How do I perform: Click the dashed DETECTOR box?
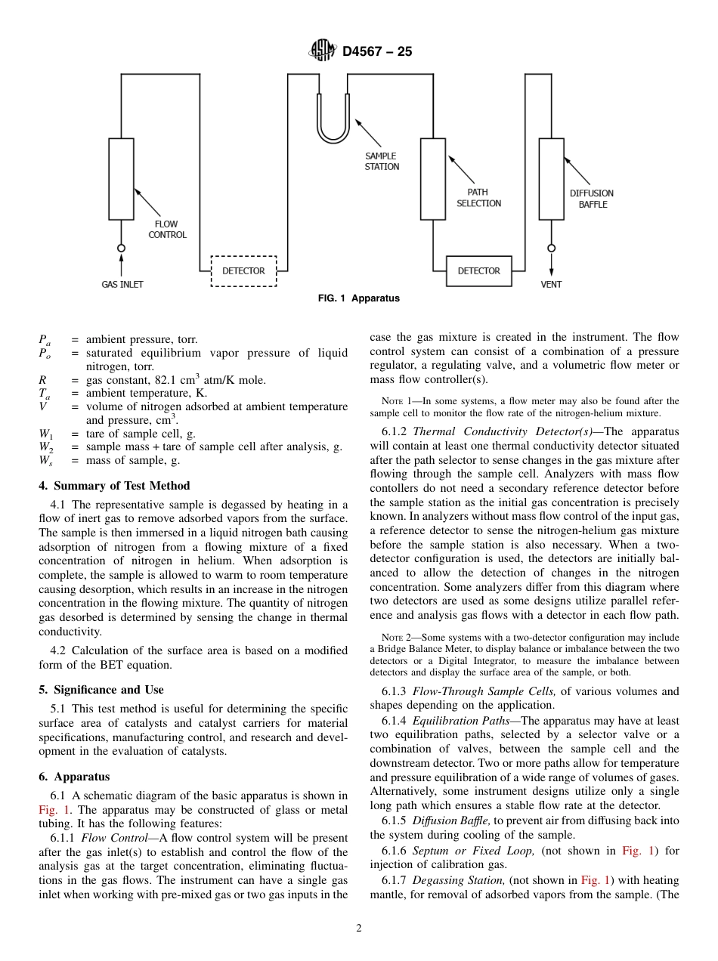coord(243,271)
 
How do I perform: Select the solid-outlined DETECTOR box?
coord(478,271)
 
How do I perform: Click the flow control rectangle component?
coord(121,178)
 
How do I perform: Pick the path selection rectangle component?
coord(433,178)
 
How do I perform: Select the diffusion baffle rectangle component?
coord(551,178)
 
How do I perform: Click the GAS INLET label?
coord(122,285)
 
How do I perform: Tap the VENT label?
coord(551,285)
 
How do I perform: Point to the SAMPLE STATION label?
coord(382,162)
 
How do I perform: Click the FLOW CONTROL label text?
coord(167,230)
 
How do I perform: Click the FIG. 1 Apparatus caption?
coord(358,298)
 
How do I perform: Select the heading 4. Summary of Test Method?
coord(114,486)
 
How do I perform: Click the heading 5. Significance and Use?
coord(101,690)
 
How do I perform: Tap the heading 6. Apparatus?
coord(74,777)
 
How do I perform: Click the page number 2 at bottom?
coord(359,929)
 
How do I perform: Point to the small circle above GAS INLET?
coord(121,248)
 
